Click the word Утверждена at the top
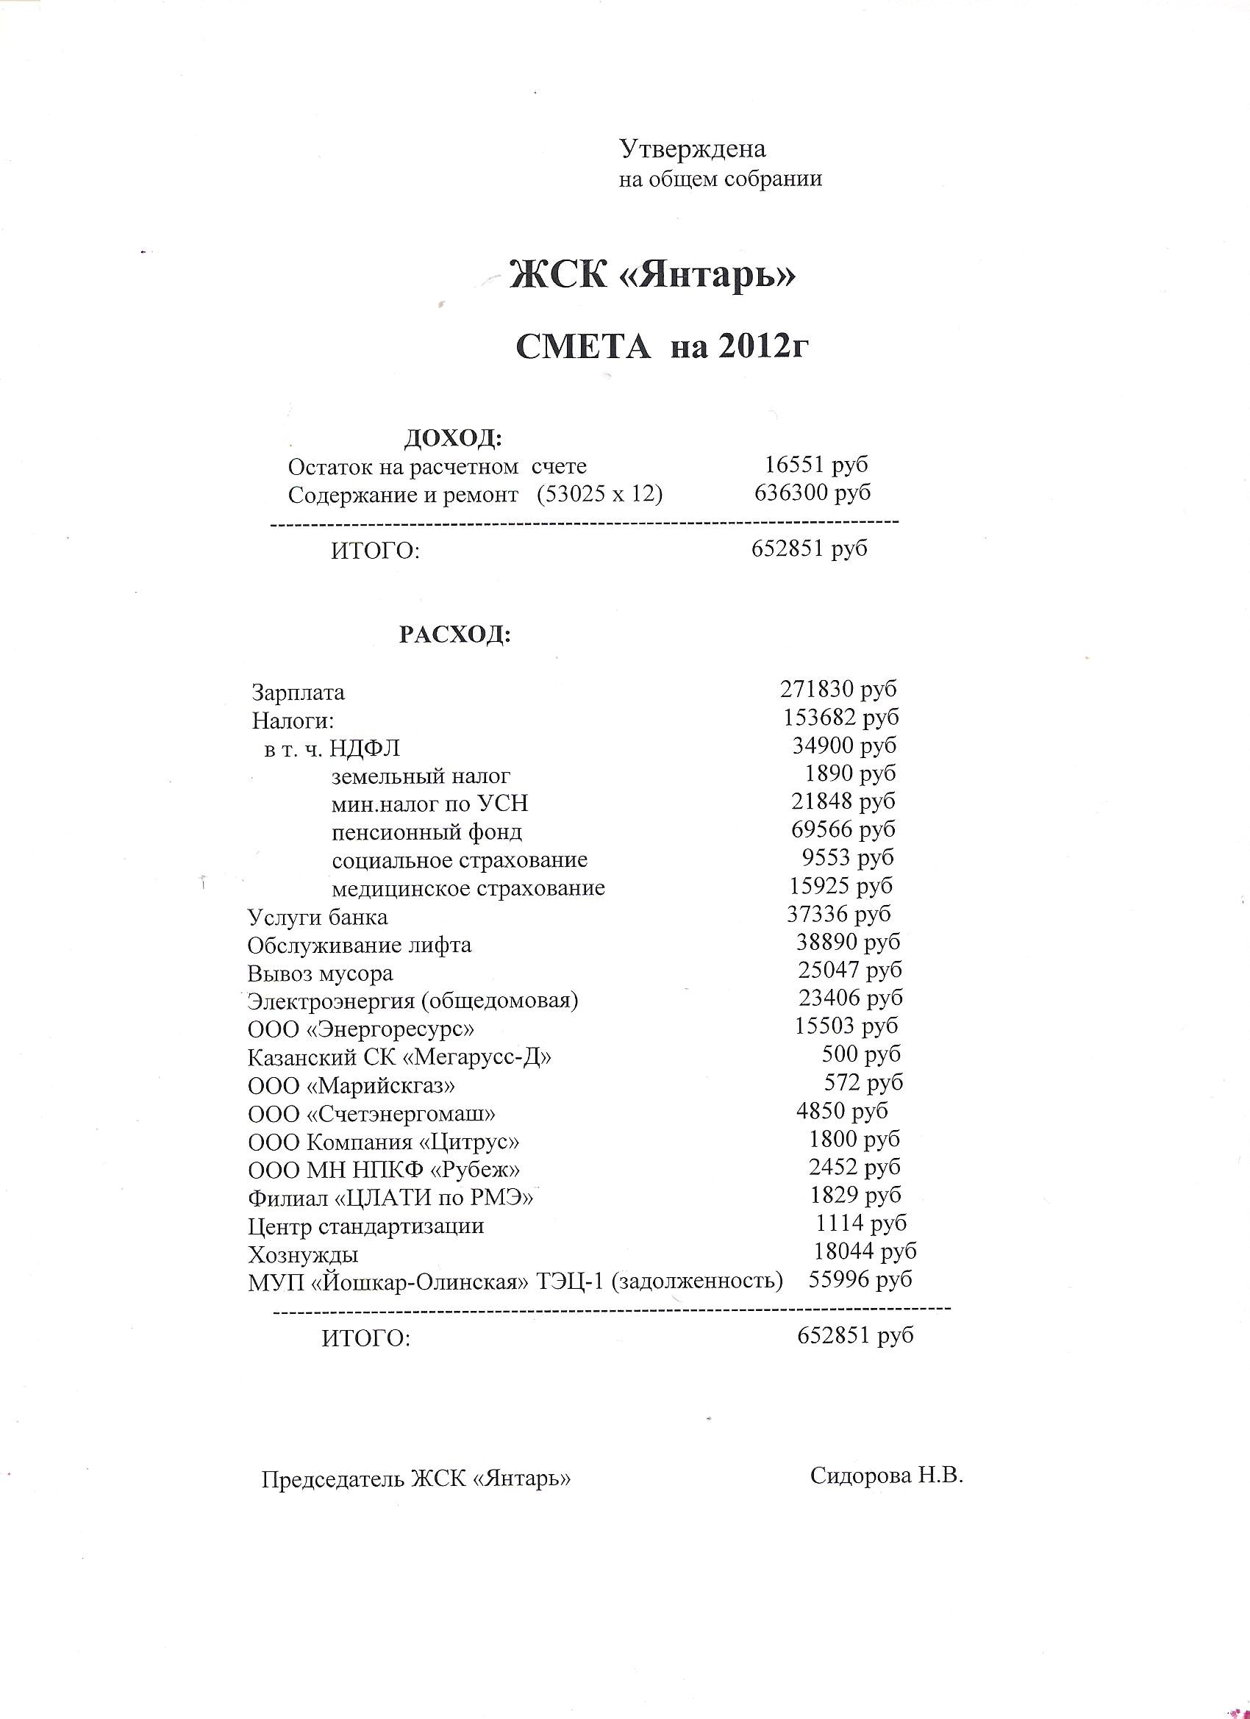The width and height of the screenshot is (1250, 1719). coord(693,149)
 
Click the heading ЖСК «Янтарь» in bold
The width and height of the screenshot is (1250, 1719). coord(653,275)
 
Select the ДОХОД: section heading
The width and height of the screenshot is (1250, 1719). coord(452,437)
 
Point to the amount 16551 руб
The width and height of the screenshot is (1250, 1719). coord(815,465)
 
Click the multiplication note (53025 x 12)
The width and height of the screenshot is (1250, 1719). coord(599,494)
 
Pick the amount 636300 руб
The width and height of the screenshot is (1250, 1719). coord(812,493)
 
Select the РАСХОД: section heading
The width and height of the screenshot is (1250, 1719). coord(455,635)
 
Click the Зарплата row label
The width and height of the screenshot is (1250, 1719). coord(298,692)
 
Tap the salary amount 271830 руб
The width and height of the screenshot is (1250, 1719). coord(838,689)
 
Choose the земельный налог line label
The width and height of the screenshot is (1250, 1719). coord(421,776)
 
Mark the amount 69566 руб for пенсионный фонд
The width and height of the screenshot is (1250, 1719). coord(843,829)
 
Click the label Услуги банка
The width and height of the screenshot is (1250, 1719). coord(318,917)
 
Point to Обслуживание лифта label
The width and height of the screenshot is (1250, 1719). coord(360,945)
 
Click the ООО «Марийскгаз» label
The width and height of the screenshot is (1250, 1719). coord(351,1085)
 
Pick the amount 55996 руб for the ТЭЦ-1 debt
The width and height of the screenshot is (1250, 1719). coord(860,1279)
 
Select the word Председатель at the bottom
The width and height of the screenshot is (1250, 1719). coord(332,1479)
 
